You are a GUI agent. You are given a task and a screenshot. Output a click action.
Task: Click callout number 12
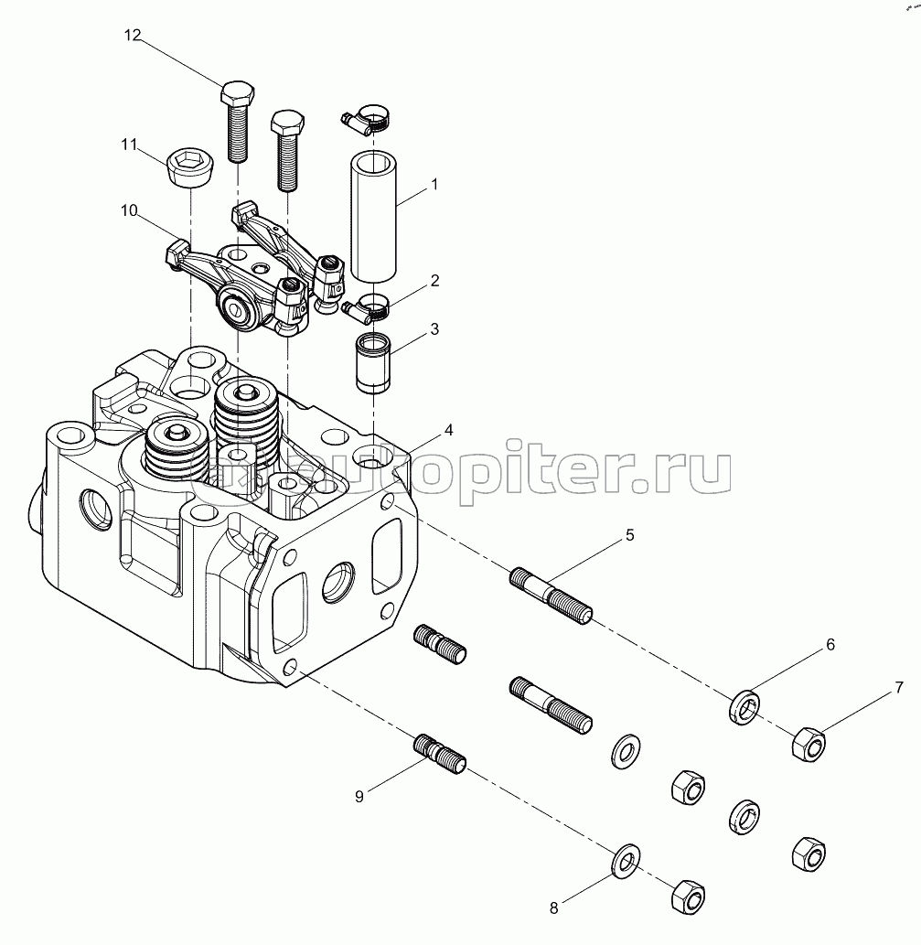(134, 36)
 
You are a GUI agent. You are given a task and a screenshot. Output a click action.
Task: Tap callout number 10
(129, 210)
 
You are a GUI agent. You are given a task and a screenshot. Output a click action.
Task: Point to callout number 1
(434, 184)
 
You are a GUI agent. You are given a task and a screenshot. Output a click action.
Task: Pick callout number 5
(630, 535)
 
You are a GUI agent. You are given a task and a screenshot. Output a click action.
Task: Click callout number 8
(553, 907)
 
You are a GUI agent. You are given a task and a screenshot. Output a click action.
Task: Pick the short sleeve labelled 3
(373, 363)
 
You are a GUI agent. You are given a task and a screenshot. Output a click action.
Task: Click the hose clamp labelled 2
(369, 306)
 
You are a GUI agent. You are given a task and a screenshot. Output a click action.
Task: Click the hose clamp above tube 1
(367, 116)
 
